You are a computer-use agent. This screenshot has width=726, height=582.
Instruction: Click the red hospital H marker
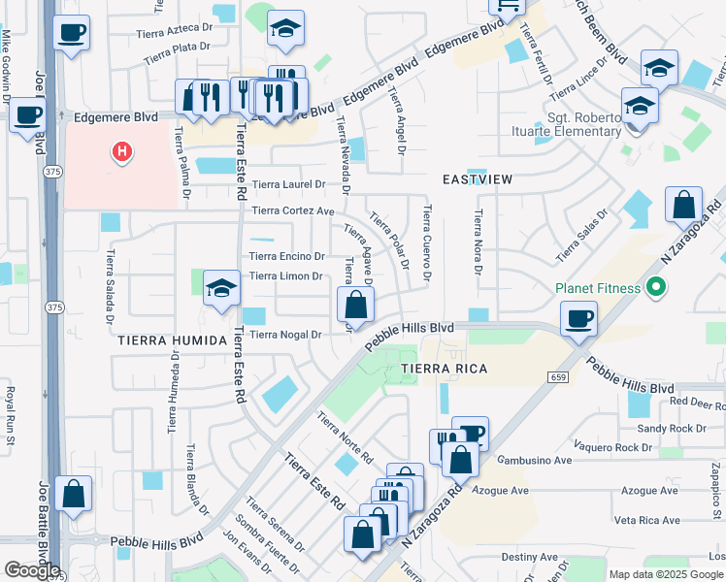coord(122,152)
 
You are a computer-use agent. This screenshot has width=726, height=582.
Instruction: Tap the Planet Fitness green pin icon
coord(655,287)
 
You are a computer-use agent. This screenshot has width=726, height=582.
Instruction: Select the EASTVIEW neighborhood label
coord(477,179)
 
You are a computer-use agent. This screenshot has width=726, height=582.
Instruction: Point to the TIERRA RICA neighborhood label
coord(444,370)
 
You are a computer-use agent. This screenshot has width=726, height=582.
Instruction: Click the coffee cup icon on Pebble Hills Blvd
coord(578,318)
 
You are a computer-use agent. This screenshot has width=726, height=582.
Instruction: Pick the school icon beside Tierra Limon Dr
coord(222,289)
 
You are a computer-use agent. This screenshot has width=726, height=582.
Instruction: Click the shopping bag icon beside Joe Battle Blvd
coord(74,494)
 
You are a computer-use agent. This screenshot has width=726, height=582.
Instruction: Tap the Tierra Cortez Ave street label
coord(293,210)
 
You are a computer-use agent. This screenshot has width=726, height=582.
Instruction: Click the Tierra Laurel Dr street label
coord(287,184)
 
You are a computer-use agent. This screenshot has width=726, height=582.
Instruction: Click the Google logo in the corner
coord(32,570)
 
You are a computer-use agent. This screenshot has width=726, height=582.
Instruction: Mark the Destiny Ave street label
coord(530,557)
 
